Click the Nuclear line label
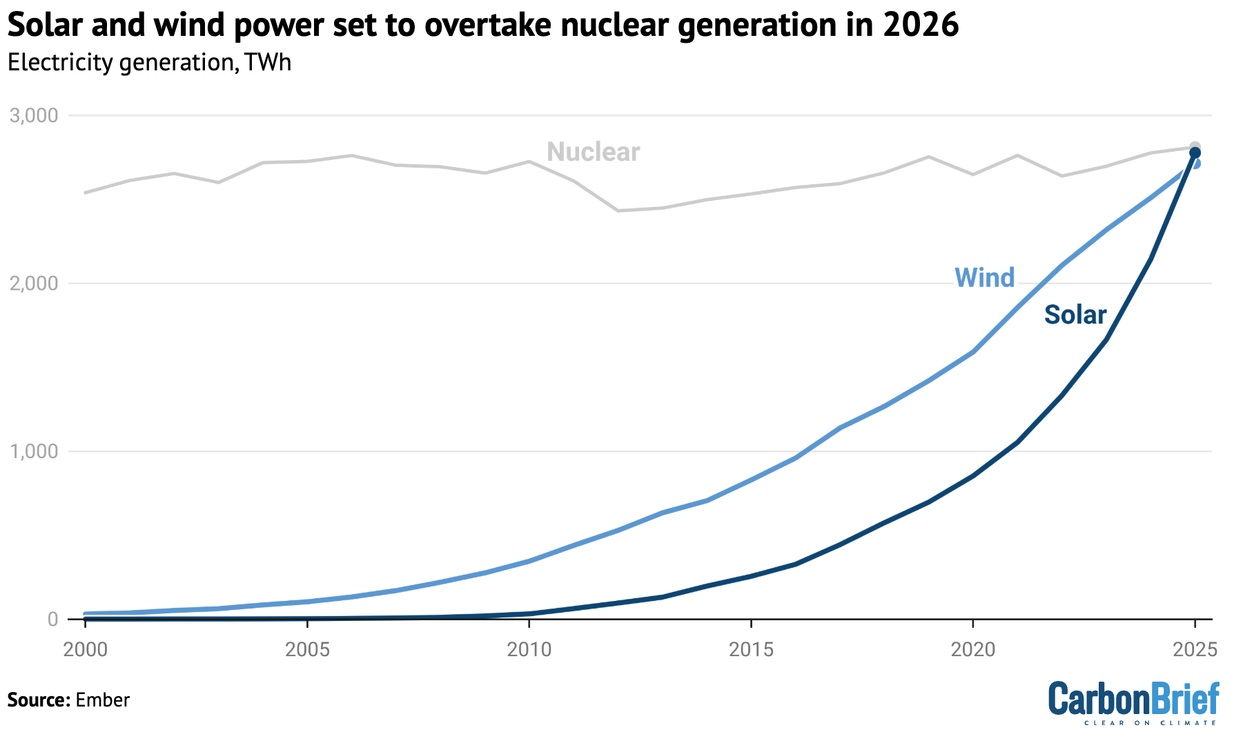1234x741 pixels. click(x=593, y=152)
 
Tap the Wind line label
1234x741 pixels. click(x=984, y=278)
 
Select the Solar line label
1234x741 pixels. click(x=1075, y=315)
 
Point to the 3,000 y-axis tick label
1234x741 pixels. click(x=34, y=115)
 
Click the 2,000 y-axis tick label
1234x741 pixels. click(x=34, y=284)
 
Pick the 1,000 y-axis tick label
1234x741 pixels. click(x=34, y=452)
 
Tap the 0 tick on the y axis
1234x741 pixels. click(x=52, y=620)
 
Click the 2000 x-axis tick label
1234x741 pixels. click(x=86, y=649)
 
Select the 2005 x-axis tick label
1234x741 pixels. click(x=307, y=649)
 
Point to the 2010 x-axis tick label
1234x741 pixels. click(x=529, y=649)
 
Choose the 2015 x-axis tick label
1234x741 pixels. click(x=751, y=649)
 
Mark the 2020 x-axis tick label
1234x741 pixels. click(x=973, y=649)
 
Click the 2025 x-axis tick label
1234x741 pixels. click(x=1195, y=649)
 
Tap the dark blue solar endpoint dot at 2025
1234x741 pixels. click(x=1195, y=153)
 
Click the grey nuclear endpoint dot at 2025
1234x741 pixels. click(x=1195, y=147)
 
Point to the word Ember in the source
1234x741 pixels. click(x=103, y=700)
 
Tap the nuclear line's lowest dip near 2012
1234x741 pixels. click(x=618, y=210)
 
